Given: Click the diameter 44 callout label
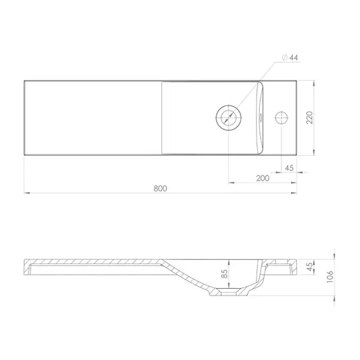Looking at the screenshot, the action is coord(290,57).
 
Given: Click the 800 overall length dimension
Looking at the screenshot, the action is coord(161,189).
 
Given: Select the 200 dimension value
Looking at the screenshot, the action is coord(263,178).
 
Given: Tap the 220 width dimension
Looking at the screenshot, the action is coord(310,118).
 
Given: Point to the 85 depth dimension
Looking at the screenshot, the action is coord(224,273).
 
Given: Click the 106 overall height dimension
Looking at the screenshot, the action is coord(330,277).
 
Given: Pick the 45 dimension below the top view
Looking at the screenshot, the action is coord(289,168).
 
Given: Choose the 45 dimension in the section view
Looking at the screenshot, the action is coord(310,267).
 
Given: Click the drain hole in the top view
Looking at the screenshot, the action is coord(228,118).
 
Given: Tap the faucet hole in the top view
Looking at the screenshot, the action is coord(281,118).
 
